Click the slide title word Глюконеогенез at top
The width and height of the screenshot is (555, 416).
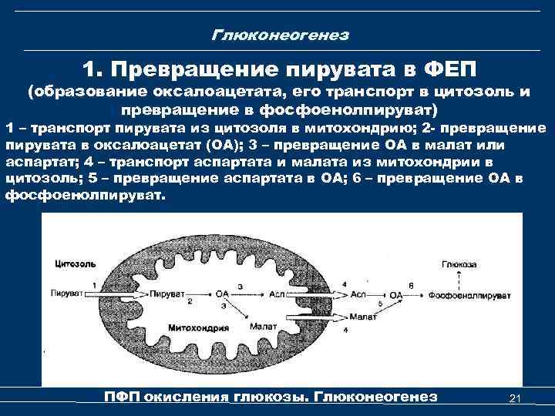point(280,35)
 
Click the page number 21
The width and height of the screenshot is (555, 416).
point(516,398)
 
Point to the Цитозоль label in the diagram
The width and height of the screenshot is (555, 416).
point(76,264)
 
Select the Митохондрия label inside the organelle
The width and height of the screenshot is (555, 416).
point(199,327)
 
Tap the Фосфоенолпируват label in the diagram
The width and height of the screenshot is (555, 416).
point(472,295)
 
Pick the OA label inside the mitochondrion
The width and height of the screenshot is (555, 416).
point(224,295)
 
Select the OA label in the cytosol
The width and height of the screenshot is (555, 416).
point(397,295)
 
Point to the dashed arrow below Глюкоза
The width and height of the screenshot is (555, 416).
point(455,280)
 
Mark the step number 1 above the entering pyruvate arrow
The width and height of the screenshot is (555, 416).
point(93,285)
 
